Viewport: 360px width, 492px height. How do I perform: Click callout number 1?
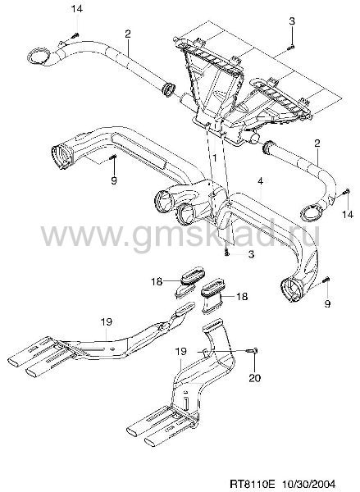[x=214, y=157]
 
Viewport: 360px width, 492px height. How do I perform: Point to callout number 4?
[x=260, y=181]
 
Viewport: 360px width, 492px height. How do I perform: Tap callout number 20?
[x=254, y=378]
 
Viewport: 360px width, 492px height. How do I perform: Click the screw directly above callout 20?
[x=253, y=350]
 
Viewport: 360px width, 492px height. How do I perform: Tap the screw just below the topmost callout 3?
[x=291, y=48]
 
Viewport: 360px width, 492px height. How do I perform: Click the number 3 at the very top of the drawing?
[x=292, y=21]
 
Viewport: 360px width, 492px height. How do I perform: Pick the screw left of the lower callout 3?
[x=227, y=252]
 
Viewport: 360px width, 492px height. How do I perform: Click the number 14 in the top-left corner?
[x=76, y=9]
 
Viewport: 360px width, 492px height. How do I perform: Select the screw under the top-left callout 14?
[x=75, y=35]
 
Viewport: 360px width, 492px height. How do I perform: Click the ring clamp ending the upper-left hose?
[x=39, y=57]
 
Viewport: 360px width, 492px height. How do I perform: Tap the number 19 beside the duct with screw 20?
[x=180, y=352]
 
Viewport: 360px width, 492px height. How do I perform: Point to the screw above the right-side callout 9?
[x=326, y=279]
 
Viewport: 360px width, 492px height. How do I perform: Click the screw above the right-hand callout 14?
[x=346, y=191]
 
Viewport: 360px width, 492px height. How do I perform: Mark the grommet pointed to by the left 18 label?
[x=190, y=275]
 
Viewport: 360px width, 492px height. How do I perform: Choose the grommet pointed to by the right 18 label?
[x=212, y=290]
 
